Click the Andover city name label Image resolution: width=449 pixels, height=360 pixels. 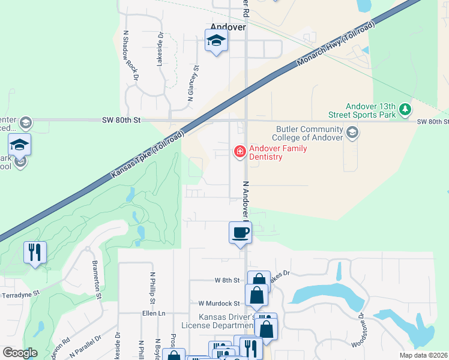tap(228, 27)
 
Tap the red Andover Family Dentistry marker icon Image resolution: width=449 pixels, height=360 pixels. tap(240, 151)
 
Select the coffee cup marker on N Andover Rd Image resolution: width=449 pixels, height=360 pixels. tap(240, 232)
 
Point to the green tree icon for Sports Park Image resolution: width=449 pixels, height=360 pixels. tap(406, 109)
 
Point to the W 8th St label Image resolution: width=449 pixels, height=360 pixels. tap(227, 280)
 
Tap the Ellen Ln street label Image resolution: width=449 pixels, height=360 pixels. tap(153, 313)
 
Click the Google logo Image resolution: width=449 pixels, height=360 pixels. tap(20, 353)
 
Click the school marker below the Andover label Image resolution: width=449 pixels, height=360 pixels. tap(216, 41)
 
